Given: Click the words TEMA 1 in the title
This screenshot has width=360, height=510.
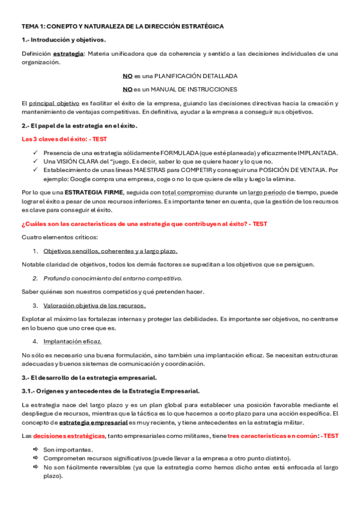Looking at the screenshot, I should pos(33,27).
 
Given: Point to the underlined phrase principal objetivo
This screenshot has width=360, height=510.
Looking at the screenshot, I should pos(54,103).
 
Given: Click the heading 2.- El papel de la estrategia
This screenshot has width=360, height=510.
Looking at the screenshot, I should pos(79,126).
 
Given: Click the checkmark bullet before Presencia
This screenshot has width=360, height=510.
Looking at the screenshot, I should pos(36,153).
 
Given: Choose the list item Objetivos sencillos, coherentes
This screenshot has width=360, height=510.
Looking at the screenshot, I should pos(110,251).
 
